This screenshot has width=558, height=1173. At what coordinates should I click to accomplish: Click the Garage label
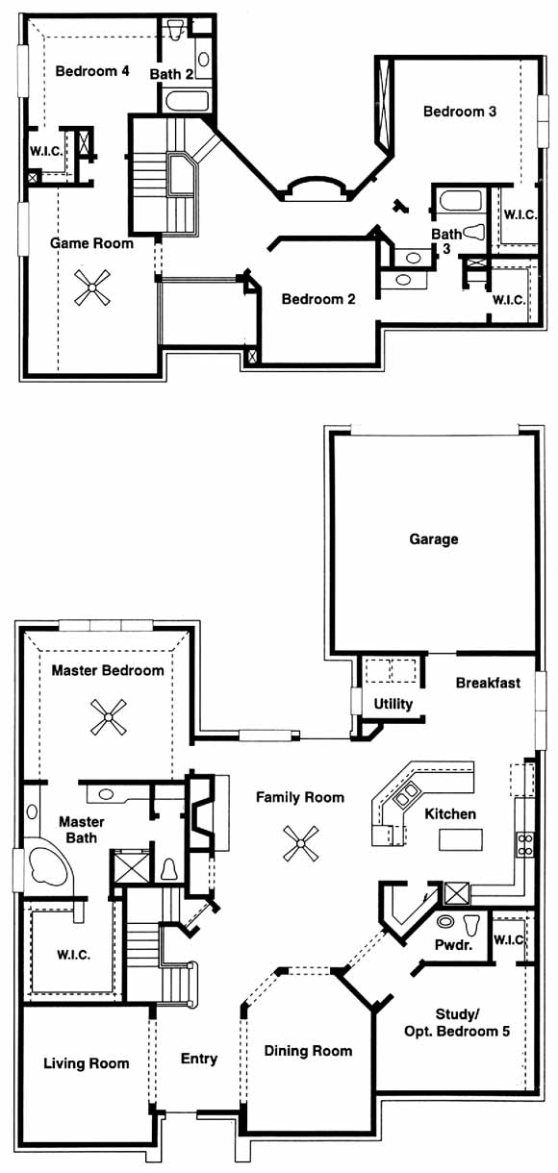tap(433, 538)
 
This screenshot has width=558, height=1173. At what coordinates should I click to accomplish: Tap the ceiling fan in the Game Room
tap(91, 287)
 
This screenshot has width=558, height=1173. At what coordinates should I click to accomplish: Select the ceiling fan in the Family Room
tap(301, 843)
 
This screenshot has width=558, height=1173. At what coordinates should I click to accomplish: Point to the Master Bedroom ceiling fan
tap(108, 717)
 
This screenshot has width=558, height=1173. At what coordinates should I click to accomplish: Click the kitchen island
tap(461, 839)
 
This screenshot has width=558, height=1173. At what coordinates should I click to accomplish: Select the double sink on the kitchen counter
tap(407, 795)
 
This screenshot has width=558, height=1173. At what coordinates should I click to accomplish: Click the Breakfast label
tap(488, 683)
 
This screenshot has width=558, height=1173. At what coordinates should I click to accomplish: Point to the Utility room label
tap(393, 704)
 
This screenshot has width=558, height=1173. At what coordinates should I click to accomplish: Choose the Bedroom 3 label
tap(460, 111)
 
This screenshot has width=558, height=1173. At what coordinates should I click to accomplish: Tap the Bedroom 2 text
tap(318, 299)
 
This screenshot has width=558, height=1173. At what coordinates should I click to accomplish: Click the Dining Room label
tap(308, 1051)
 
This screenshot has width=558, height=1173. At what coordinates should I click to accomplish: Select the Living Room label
tap(86, 1063)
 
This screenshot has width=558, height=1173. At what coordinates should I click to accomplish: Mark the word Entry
tap(198, 1059)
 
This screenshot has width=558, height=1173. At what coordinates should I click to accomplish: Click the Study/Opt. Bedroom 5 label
tap(456, 1023)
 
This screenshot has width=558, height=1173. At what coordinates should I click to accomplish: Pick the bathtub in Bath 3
tap(460, 201)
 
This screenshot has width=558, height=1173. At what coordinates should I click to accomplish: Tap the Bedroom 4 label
tap(92, 71)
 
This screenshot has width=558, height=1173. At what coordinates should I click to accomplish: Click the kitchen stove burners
tap(525, 845)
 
